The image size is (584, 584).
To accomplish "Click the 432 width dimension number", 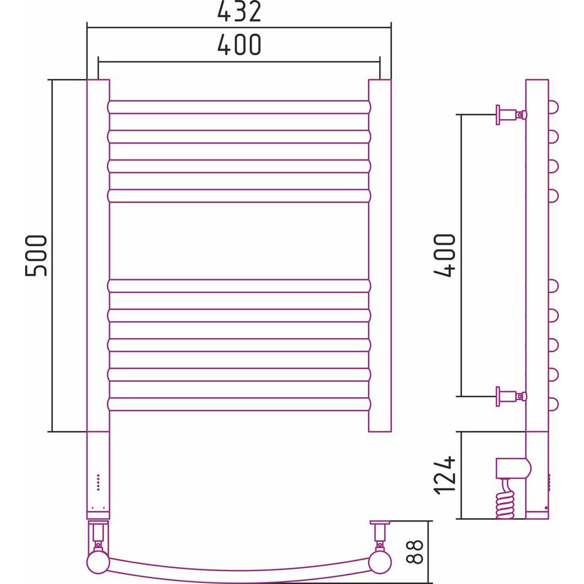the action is (x=239, y=12).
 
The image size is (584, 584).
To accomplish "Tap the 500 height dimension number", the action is (x=36, y=256).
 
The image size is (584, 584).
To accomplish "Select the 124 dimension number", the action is (x=444, y=475).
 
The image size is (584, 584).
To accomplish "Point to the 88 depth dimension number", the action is (x=413, y=552).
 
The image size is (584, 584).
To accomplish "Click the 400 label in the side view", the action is (x=444, y=256).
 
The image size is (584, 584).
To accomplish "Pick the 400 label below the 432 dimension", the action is (x=239, y=45).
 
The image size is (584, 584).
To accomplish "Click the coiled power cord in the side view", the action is (x=506, y=498).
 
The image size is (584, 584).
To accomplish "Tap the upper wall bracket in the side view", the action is (x=511, y=114).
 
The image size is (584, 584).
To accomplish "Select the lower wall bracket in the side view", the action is (x=511, y=397).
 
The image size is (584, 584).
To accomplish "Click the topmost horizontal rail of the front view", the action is (x=239, y=107).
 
